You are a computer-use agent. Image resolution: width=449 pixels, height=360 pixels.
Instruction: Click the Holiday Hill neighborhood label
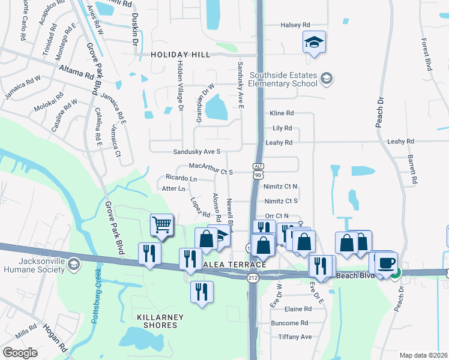[180, 55]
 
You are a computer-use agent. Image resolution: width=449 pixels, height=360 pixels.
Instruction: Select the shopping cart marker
[161, 225]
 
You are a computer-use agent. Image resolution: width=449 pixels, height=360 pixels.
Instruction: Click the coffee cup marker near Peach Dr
[386, 263]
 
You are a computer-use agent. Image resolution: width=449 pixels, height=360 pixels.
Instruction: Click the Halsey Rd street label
[295, 25]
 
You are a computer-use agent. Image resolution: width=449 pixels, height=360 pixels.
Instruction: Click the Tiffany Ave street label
[295, 337]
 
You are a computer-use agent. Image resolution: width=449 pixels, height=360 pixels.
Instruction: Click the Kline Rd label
[282, 113]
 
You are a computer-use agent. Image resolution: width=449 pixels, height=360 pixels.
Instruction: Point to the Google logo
[20, 353]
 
